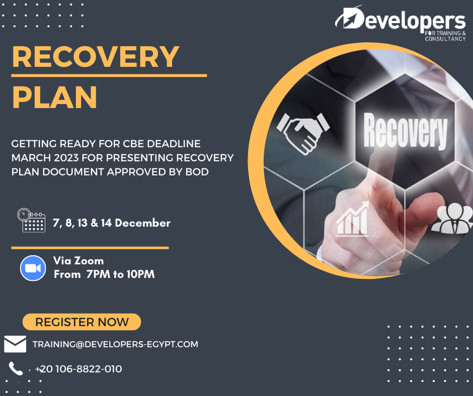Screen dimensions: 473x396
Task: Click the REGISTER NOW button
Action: (x=82, y=322)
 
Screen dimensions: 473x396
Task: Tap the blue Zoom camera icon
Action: (x=33, y=268)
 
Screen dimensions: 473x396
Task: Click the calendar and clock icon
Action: (x=31, y=220)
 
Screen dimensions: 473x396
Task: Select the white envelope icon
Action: (x=15, y=344)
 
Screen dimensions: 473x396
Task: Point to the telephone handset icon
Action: (x=16, y=368)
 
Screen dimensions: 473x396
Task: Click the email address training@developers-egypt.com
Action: (x=115, y=344)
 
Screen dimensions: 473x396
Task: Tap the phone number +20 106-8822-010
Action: (x=78, y=369)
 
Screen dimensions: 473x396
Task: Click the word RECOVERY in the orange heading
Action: (x=96, y=57)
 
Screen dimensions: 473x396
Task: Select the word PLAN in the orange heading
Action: (x=55, y=97)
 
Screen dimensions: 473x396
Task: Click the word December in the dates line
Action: (x=143, y=223)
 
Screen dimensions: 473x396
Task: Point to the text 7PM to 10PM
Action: (x=120, y=274)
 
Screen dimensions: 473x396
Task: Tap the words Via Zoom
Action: (x=78, y=261)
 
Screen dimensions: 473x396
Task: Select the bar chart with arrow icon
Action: (x=352, y=219)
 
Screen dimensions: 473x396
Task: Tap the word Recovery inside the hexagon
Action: (x=405, y=131)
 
